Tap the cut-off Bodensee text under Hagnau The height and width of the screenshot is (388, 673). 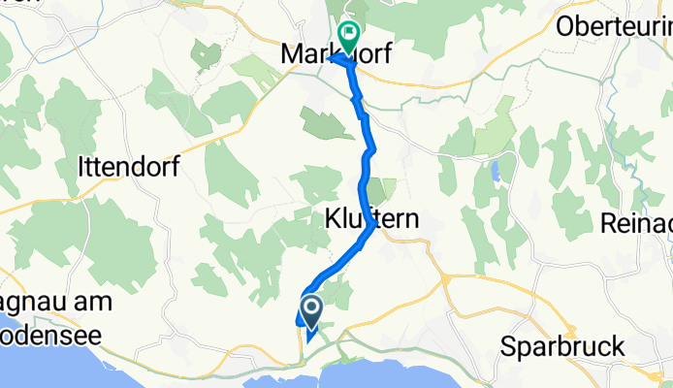[x=49, y=327]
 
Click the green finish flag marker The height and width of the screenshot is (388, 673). [x=347, y=36]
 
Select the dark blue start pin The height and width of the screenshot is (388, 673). [x=312, y=310]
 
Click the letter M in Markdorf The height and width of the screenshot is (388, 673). [x=291, y=56]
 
